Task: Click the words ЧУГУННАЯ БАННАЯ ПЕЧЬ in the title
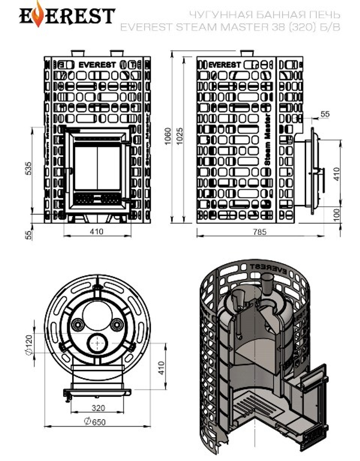click(x=264, y=15)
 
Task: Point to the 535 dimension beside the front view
click(x=28, y=168)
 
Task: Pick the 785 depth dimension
click(x=260, y=232)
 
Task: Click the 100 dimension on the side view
click(x=337, y=215)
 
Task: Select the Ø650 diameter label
click(x=95, y=421)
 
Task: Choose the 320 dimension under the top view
click(x=98, y=408)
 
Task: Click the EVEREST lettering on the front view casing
click(x=97, y=65)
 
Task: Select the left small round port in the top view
click(x=77, y=325)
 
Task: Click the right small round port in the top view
click(x=116, y=325)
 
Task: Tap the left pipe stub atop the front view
click(x=77, y=53)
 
